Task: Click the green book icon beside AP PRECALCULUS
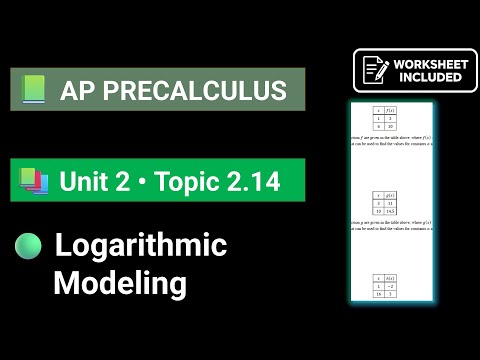(34, 91)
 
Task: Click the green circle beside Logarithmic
(29, 246)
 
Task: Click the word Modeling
(120, 283)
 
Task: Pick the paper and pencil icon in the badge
(375, 70)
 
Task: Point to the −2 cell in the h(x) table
(394, 285)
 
